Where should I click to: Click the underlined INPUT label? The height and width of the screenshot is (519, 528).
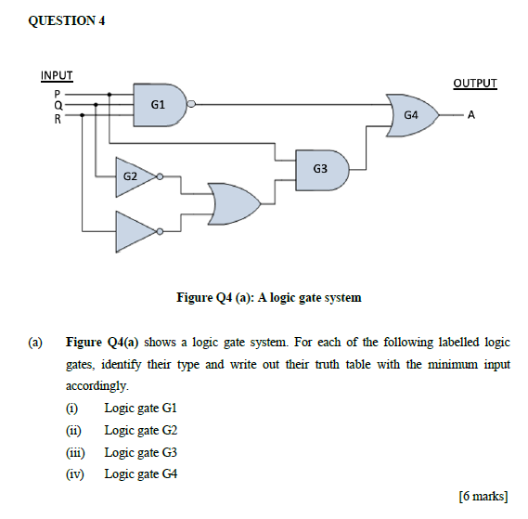point(57,75)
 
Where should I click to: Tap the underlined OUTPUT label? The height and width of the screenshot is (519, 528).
point(475,84)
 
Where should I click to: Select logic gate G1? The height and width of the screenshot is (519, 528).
point(160,105)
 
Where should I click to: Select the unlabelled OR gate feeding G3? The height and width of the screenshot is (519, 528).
point(235,201)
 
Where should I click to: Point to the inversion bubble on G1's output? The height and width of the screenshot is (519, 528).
point(191,105)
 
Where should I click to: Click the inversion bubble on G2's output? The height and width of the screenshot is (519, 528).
point(160,175)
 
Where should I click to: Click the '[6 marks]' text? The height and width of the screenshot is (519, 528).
point(483,495)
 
